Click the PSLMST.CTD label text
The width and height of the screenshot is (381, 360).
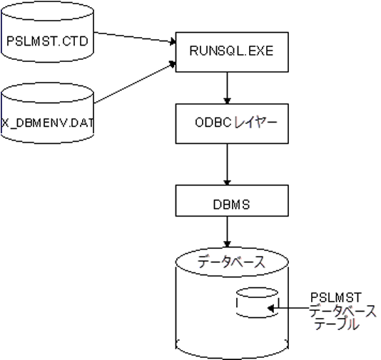click(x=47, y=41)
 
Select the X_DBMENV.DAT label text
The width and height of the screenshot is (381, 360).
click(x=47, y=123)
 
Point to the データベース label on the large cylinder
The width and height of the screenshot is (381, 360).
click(x=231, y=262)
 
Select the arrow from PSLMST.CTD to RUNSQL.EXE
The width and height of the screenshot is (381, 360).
click(x=135, y=37)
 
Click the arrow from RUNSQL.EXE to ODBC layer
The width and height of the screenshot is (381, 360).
click(x=227, y=88)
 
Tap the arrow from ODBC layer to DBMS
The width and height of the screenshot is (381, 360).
click(x=227, y=165)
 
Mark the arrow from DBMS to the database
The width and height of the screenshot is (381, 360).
click(x=227, y=232)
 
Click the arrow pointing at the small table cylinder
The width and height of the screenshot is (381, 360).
click(x=288, y=308)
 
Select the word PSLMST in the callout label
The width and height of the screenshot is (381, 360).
click(x=336, y=297)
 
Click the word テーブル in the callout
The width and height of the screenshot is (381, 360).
click(x=337, y=324)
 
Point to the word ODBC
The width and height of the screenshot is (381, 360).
click(x=213, y=123)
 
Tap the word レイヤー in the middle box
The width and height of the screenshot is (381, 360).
click(x=256, y=123)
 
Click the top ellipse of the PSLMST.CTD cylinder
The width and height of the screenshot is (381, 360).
click(x=47, y=11)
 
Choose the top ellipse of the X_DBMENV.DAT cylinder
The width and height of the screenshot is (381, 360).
click(x=47, y=93)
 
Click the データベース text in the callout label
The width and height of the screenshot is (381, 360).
click(x=342, y=311)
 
